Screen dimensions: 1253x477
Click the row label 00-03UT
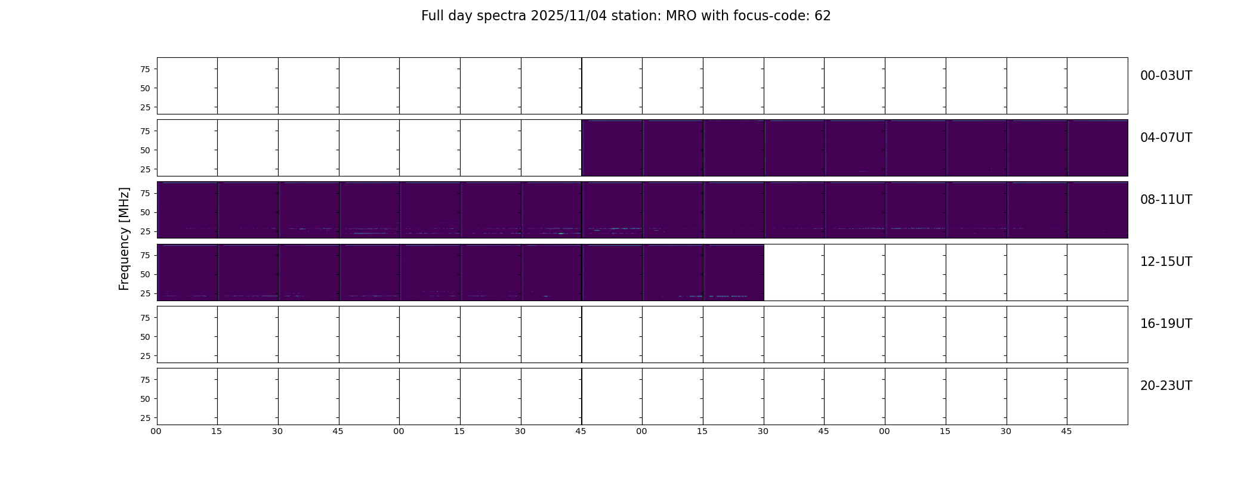pos(1166,76)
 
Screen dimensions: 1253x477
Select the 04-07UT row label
pos(1166,138)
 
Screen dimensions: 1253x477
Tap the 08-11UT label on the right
pos(1166,200)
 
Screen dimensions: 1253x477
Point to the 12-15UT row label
pos(1166,262)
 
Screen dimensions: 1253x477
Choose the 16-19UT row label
pos(1166,324)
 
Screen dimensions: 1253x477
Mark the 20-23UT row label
pos(1166,386)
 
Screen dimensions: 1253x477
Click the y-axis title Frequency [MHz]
pos(124,239)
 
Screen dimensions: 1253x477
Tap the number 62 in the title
pos(823,16)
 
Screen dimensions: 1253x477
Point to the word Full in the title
pos(433,16)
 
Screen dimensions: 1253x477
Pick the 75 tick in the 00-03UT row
pos(144,69)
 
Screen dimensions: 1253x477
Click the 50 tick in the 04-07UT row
pos(144,150)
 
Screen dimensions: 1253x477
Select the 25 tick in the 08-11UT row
pos(144,231)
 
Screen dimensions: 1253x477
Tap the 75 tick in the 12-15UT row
pos(144,256)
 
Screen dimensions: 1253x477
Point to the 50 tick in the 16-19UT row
pos(144,337)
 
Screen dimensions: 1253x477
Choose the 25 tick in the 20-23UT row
pos(144,418)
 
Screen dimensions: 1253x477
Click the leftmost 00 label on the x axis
pos(156,431)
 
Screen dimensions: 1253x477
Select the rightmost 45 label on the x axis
pos(1066,431)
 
